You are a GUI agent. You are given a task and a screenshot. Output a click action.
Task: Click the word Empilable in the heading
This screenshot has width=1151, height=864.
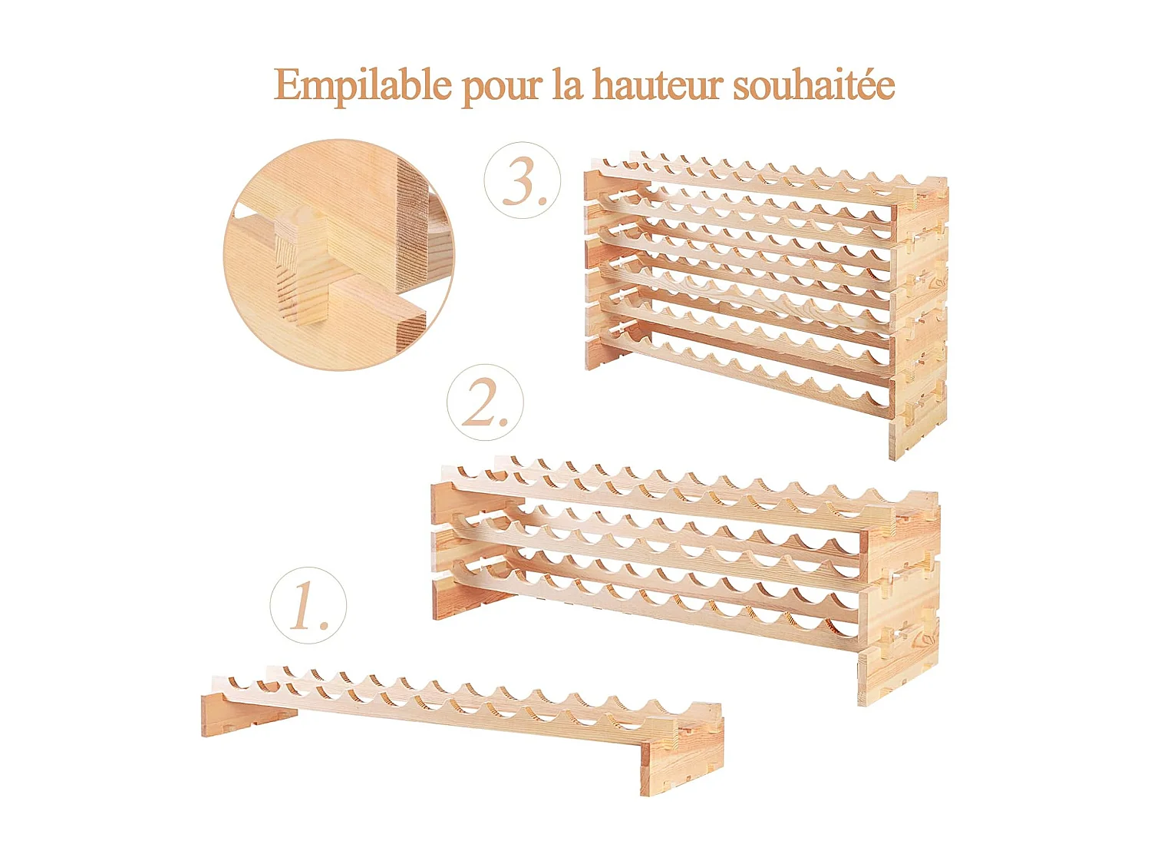coord(362,85)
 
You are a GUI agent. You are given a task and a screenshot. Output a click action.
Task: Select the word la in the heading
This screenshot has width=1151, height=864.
coord(567,84)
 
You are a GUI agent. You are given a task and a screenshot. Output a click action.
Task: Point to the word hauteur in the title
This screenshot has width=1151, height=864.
coord(658,84)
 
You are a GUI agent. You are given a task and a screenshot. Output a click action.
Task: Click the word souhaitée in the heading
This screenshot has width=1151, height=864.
coord(813,84)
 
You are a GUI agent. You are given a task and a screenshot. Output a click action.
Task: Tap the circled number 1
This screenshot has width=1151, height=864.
coord(308,606)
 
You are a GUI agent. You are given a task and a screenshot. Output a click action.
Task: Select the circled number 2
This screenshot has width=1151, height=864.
coord(485,402)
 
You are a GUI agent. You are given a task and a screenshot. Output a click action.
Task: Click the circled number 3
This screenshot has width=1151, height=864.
coord(523,180)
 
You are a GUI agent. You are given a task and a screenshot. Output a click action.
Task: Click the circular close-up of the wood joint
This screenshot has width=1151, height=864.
coord(338,254)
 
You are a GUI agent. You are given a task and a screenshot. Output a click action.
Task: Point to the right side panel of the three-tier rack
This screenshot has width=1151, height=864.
coord(898,599)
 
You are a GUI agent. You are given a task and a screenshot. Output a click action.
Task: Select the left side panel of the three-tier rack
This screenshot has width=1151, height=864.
coord(449,549)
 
